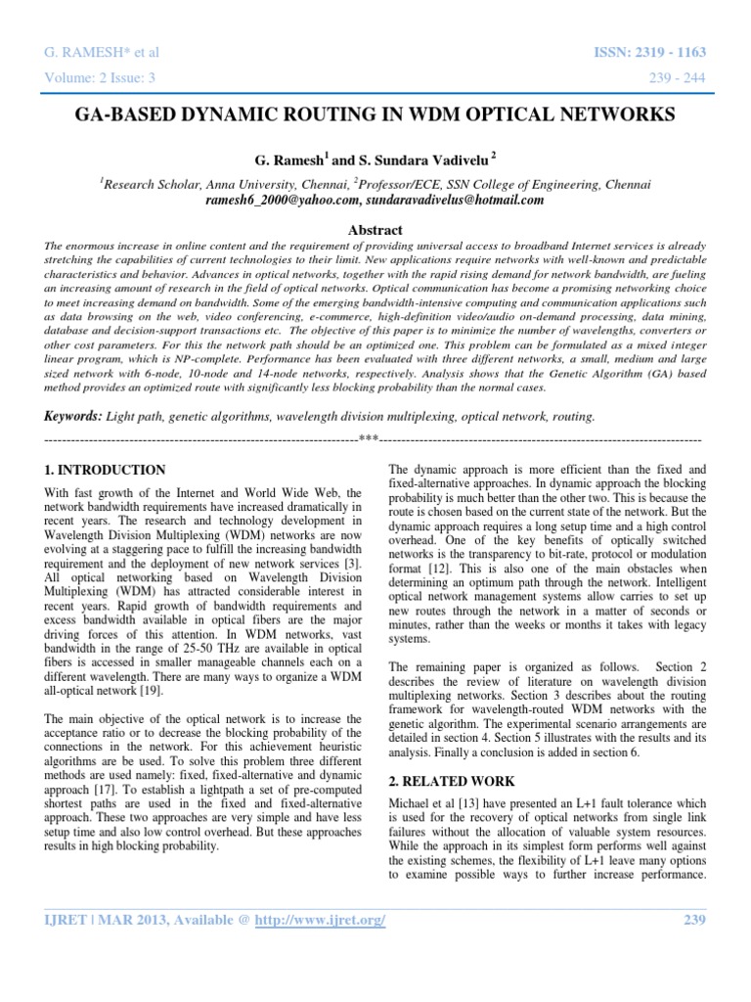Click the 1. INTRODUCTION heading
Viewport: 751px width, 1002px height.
point(106,470)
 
